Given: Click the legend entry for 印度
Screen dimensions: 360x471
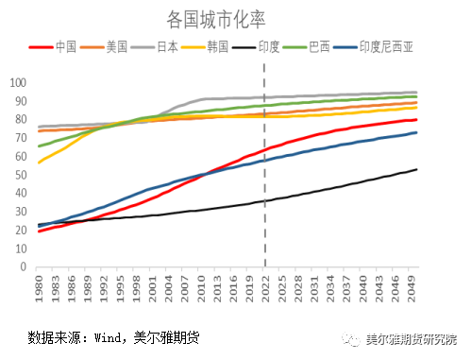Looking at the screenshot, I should (268, 46).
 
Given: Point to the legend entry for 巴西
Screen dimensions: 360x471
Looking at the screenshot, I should (319, 46).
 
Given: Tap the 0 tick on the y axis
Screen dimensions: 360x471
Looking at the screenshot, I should (22, 267).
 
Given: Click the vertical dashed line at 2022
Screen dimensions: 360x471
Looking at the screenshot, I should (264, 170).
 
